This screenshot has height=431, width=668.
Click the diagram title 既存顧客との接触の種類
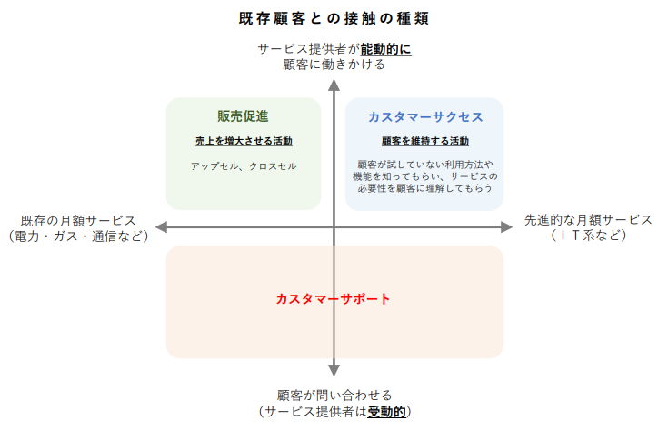(x=334, y=18)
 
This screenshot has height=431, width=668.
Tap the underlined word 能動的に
(x=386, y=48)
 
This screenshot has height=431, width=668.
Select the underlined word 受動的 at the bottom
(x=385, y=412)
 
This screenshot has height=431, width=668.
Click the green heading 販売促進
(x=243, y=116)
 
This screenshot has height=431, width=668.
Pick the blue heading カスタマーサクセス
(x=424, y=117)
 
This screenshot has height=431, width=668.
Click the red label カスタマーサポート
(x=334, y=298)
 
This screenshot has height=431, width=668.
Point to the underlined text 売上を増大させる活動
(x=244, y=142)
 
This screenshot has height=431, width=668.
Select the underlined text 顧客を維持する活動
(x=424, y=142)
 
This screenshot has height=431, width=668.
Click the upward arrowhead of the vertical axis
(x=334, y=85)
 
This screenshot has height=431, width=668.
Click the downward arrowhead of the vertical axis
(x=334, y=369)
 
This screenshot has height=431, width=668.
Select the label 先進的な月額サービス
(x=588, y=220)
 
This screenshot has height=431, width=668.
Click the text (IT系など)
(x=588, y=236)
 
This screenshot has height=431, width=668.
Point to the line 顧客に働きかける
(x=334, y=65)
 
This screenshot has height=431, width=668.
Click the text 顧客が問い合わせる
(x=334, y=396)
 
